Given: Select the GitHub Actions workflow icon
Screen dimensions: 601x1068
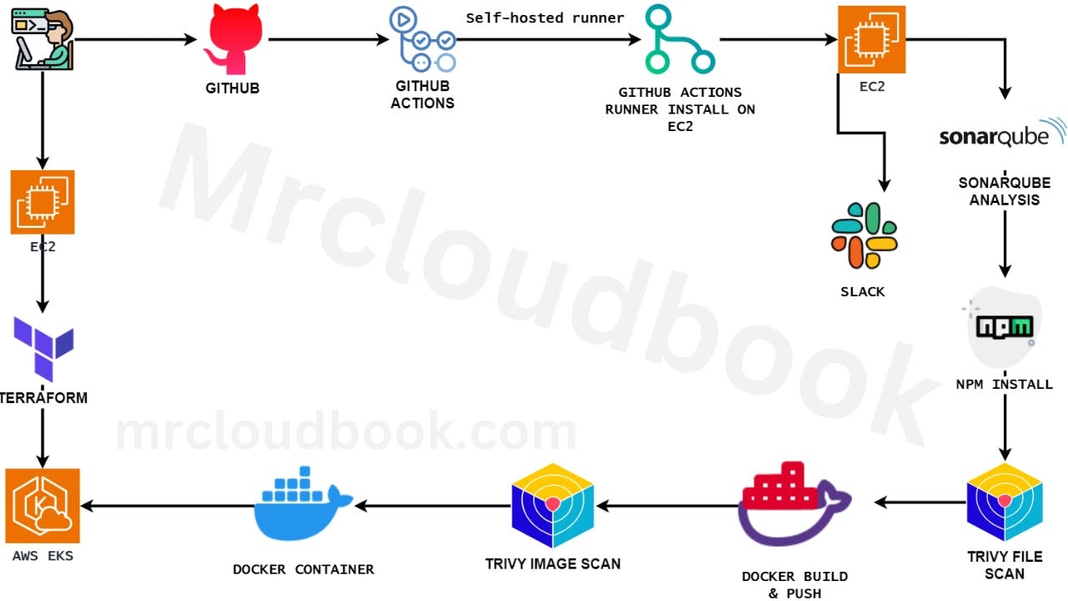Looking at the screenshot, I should pyautogui.click(x=423, y=39).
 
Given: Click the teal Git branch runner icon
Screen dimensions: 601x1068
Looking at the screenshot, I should pyautogui.click(x=679, y=40).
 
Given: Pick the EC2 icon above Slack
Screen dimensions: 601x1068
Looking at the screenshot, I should pyautogui.click(x=872, y=39).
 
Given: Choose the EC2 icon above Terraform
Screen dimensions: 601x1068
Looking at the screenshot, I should pyautogui.click(x=43, y=202).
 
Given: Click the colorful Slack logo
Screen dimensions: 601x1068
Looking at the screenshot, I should pyautogui.click(x=864, y=235).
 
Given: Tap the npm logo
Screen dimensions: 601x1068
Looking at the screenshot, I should pyautogui.click(x=1005, y=326).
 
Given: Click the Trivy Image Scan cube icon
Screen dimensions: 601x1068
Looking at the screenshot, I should pyautogui.click(x=552, y=505).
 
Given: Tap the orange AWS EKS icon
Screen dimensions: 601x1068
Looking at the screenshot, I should pyautogui.click(x=43, y=506).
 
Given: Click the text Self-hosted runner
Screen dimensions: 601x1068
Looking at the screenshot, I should pyautogui.click(x=545, y=18).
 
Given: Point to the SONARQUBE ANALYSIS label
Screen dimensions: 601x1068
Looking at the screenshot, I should pyautogui.click(x=1004, y=191).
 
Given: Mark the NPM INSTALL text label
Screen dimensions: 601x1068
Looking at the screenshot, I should pyautogui.click(x=1004, y=385).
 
